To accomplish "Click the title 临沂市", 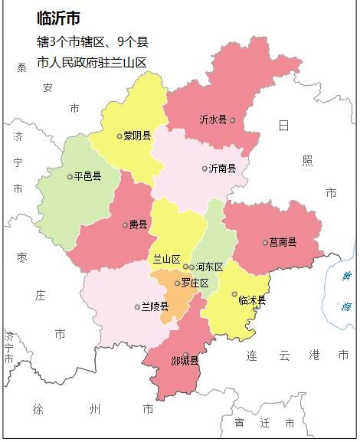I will tap(58, 18).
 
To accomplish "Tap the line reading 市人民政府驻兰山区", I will tap(91, 63).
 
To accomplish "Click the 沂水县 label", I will tap(212, 120).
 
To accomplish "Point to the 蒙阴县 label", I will tap(137, 136).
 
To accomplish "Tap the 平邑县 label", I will tap(87, 176).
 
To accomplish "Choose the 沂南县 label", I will tap(223, 169).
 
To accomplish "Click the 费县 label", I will tap(138, 225).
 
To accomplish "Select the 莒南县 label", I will tap(283, 243).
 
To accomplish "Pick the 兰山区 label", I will tap(166, 260).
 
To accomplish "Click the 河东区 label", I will tap(209, 267).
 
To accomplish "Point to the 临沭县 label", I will tap(252, 300).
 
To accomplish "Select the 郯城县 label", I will tap(185, 361).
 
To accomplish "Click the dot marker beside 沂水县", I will tap(232, 120).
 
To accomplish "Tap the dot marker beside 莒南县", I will tap(265, 243).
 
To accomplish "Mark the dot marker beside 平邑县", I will tap(70, 176).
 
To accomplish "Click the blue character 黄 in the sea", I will tap(346, 277).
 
